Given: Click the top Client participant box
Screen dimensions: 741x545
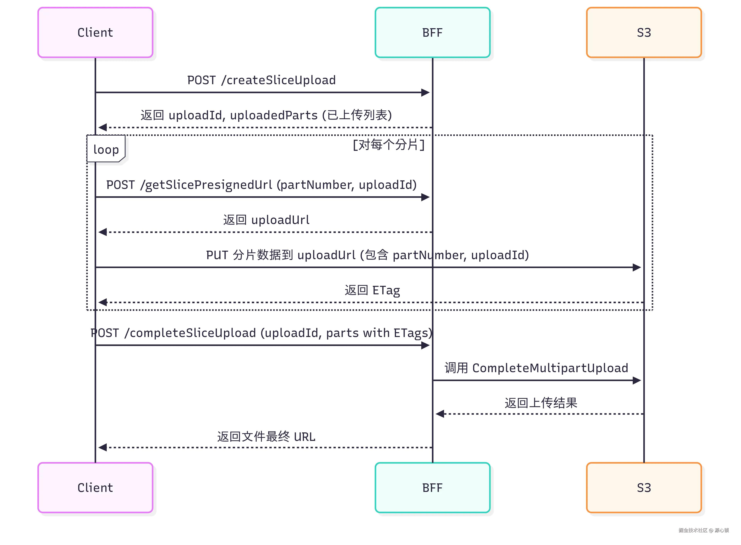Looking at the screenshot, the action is pyautogui.click(x=95, y=32).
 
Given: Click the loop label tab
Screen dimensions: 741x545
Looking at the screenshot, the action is pyautogui.click(x=106, y=149).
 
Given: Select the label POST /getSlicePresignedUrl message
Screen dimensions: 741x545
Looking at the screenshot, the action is pyautogui.click(x=261, y=185).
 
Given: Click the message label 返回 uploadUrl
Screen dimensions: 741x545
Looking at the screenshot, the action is pyautogui.click(x=266, y=220).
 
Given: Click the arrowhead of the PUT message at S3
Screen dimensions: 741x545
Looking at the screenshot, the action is pyautogui.click(x=637, y=267).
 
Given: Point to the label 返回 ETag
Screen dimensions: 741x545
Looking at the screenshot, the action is pyautogui.click(x=372, y=290).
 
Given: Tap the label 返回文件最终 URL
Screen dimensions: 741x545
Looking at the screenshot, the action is pyautogui.click(x=266, y=436).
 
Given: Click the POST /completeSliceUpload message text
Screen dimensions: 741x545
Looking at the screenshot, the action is pyautogui.click(x=261, y=333).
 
